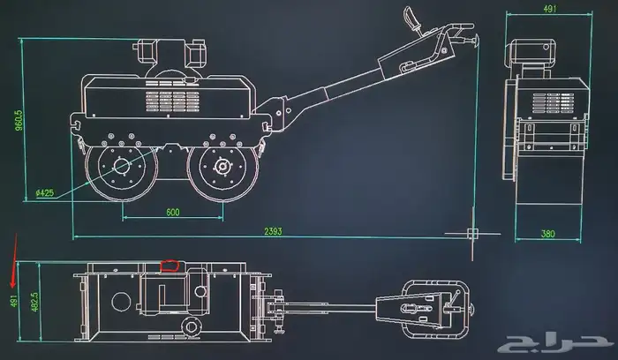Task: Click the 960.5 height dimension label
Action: [19, 120]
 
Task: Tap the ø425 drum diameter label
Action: [44, 193]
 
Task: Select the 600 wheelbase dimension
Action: [173, 213]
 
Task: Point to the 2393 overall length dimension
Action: [273, 231]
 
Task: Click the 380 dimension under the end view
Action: [548, 234]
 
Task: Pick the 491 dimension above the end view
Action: [550, 9]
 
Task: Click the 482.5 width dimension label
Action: [34, 302]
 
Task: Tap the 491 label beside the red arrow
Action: [14, 301]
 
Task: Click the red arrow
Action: [14, 260]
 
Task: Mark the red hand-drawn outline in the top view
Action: [170, 266]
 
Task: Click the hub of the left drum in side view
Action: [122, 165]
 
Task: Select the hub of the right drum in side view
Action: [222, 166]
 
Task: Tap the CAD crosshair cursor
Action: [472, 234]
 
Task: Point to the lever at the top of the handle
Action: [411, 19]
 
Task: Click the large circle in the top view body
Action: [122, 301]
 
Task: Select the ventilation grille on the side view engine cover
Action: [173, 101]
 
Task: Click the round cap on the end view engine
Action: [546, 48]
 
